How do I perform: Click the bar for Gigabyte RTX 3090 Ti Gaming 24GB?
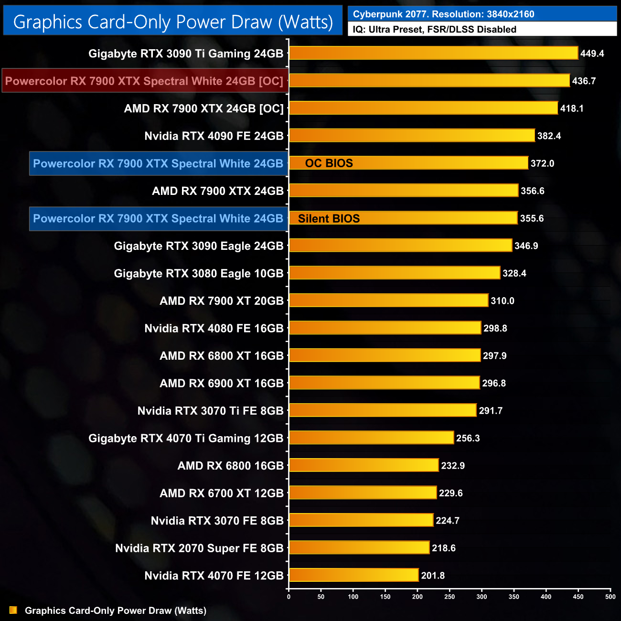433,53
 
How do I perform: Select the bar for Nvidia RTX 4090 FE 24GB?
412,136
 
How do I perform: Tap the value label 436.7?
584,81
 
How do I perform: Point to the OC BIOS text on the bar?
329,163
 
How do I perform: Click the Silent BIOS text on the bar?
329,218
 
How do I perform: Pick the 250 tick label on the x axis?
450,597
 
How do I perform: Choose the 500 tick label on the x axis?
610,597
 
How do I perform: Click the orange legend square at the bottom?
13,610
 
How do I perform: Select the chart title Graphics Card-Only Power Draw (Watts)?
173,21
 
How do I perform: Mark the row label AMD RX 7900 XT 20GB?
222,301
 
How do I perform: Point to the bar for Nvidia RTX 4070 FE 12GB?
353,575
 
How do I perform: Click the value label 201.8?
433,576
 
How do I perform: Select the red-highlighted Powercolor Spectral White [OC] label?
144,81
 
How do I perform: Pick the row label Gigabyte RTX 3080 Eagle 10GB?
199,273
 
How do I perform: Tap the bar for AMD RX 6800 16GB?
364,465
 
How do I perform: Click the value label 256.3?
468,438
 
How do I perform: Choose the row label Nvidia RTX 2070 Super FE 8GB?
199,548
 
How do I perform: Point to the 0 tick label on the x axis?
289,597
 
